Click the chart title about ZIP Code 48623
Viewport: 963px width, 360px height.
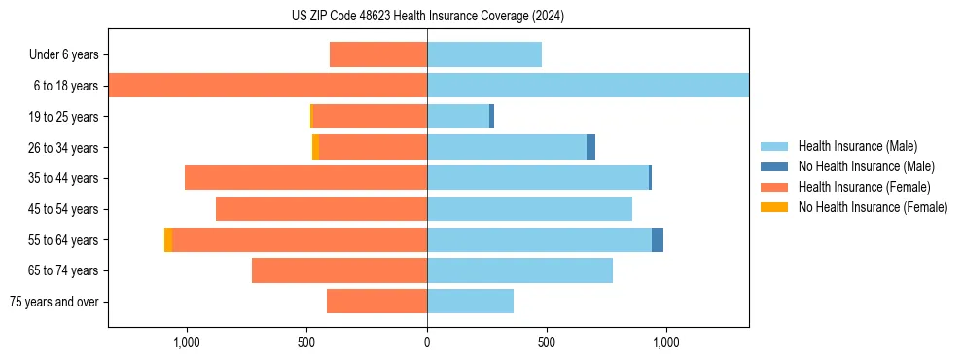pyautogui.click(x=428, y=17)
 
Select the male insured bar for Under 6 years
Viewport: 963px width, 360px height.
pyautogui.click(x=484, y=54)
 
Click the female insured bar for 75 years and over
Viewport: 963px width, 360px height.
pyautogui.click(x=376, y=302)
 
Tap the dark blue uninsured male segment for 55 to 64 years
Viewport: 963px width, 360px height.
pyautogui.click(x=658, y=239)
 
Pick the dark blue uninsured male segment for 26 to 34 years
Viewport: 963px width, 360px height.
pyautogui.click(x=590, y=147)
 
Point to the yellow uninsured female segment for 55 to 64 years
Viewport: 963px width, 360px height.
pyautogui.click(x=168, y=239)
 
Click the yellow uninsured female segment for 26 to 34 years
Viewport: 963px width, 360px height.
pyautogui.click(x=315, y=147)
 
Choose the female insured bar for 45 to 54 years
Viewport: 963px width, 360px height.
pyautogui.click(x=321, y=209)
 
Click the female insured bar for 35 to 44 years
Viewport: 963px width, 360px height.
pyautogui.click(x=305, y=178)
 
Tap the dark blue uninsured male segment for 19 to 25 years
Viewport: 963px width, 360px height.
pyautogui.click(x=491, y=117)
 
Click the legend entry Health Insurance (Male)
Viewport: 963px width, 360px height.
pyautogui.click(x=857, y=146)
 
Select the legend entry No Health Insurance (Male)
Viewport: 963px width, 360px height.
pyautogui.click(x=866, y=166)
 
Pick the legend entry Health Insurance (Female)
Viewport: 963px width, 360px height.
pyautogui.click(x=864, y=187)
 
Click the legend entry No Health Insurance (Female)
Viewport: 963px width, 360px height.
pyautogui.click(x=873, y=207)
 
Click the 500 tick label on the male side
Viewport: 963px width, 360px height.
pyautogui.click(x=547, y=342)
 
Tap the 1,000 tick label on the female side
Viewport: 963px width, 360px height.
pyautogui.click(x=187, y=342)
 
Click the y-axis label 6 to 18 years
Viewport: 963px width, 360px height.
pyautogui.click(x=66, y=86)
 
